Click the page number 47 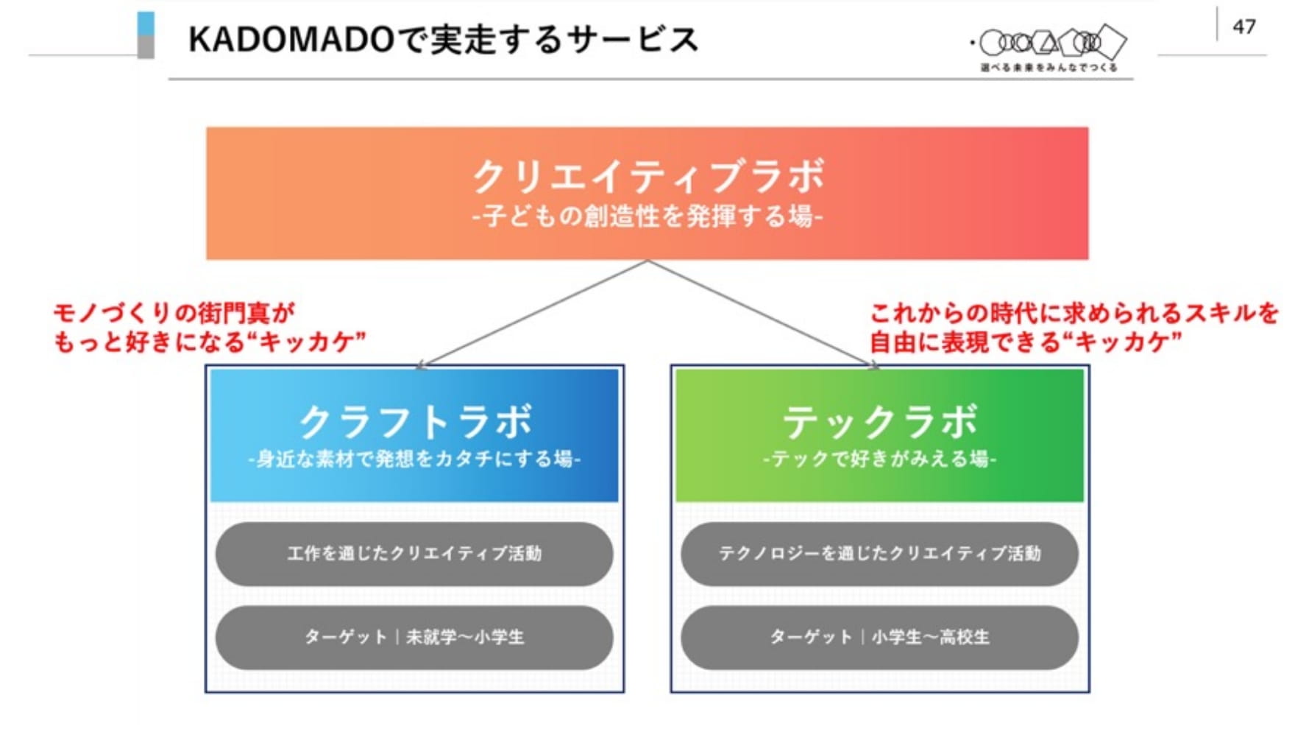(1243, 27)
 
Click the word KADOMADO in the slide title (291, 40)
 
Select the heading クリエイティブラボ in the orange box (647, 177)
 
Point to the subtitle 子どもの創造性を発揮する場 (647, 216)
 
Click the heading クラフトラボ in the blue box (415, 422)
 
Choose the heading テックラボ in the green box (879, 422)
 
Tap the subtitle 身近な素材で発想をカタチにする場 (415, 459)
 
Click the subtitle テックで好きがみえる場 (879, 459)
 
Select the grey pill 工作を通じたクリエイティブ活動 (414, 554)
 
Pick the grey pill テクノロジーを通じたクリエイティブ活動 (879, 554)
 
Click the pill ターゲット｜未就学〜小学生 (414, 638)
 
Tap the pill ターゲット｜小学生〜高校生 (879, 638)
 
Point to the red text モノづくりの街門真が (174, 313)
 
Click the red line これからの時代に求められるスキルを (1074, 313)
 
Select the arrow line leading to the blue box (532, 313)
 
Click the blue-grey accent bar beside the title (146, 35)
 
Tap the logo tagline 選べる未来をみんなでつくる (1049, 68)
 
